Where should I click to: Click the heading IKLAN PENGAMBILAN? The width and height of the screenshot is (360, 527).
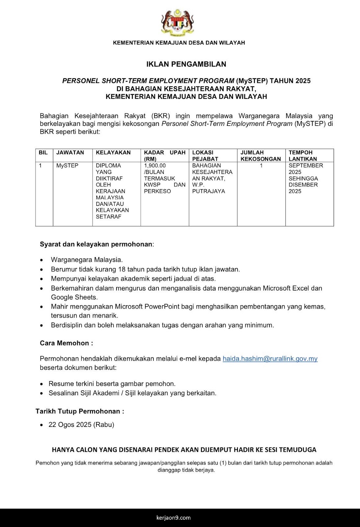tap(186, 64)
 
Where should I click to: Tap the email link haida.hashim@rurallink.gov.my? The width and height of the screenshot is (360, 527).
tap(270, 359)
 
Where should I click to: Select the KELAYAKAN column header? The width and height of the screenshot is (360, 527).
tap(113, 153)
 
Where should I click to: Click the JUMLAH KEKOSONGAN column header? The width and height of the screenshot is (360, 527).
tap(261, 155)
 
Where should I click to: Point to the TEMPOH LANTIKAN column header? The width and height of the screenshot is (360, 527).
tap(303, 155)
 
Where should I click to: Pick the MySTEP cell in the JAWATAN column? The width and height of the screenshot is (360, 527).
tap(67, 165)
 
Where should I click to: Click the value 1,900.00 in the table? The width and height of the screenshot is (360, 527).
tap(155, 165)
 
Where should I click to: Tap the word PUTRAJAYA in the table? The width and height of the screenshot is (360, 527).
tap(209, 191)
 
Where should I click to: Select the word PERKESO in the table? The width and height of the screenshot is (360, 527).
tap(157, 191)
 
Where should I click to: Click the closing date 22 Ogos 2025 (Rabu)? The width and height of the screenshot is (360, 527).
tap(81, 425)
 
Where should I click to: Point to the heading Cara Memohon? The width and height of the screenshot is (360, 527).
tap(66, 343)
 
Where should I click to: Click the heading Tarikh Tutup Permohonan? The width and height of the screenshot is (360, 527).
tap(80, 411)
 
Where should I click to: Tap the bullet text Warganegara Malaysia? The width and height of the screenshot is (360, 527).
tap(87, 260)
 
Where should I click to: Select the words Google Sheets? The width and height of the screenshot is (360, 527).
tap(74, 297)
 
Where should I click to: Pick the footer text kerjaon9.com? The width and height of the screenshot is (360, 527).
tap(173, 517)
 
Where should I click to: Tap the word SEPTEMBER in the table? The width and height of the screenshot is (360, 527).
tap(306, 165)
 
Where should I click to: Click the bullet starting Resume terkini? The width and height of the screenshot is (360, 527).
tap(112, 383)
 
